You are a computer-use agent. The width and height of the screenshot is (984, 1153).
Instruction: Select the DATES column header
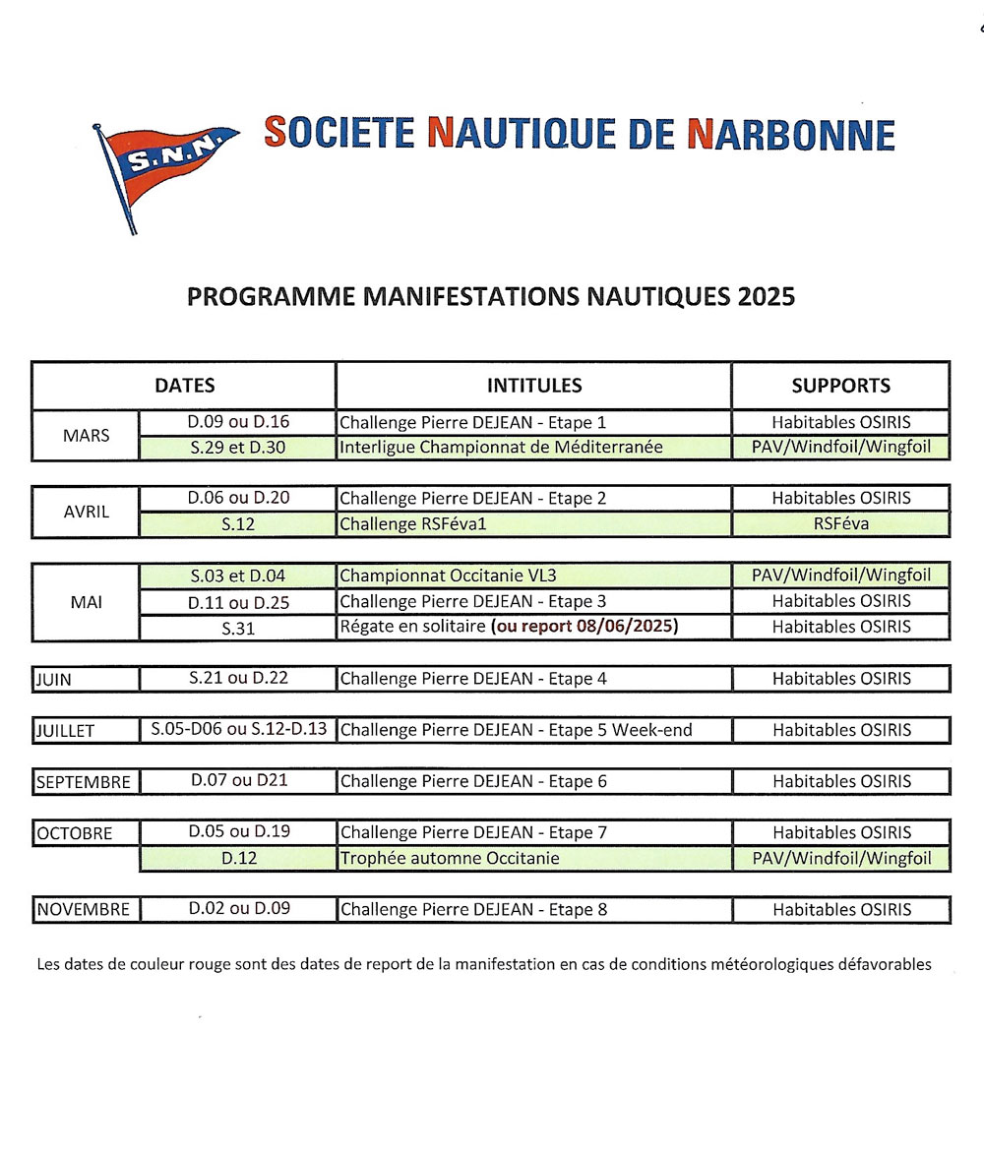184,386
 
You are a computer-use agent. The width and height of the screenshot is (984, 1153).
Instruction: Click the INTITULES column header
534,386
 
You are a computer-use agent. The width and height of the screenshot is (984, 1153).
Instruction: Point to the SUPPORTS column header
841,386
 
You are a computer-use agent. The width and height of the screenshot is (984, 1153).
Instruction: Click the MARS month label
86,435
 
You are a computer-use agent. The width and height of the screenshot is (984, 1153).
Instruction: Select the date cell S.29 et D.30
238,448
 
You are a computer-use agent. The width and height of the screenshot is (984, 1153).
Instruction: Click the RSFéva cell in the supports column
841,524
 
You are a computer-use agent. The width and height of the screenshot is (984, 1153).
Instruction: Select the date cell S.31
238,628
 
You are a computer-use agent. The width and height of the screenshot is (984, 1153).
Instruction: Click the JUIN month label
54,680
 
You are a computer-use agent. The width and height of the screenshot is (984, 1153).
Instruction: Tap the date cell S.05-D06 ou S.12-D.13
238,730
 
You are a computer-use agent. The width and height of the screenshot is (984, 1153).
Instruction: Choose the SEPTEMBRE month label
84,782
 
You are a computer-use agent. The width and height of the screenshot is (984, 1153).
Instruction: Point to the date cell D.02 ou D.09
239,909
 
